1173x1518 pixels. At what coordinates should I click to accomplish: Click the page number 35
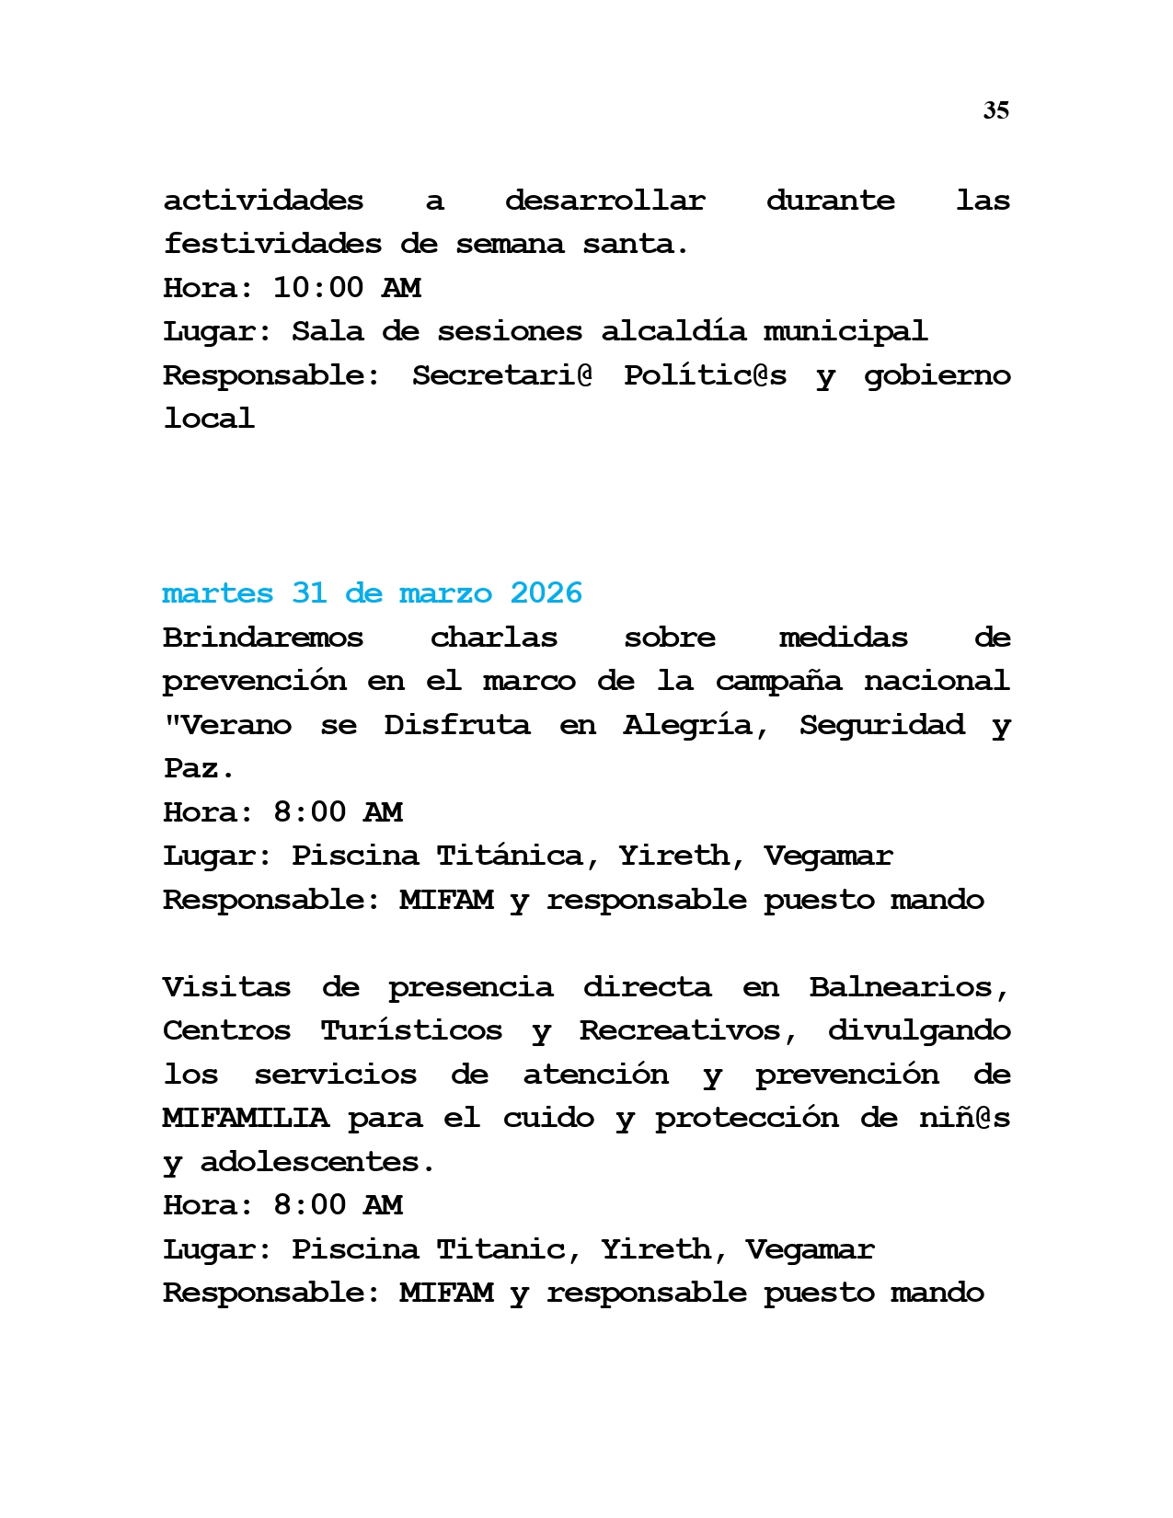995,110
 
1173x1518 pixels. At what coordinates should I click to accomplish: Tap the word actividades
263,201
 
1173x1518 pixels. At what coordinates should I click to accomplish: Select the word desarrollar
604,201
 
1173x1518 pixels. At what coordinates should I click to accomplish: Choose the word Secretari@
501,375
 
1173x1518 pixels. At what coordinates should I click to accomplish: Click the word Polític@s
705,375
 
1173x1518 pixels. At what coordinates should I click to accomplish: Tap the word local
209,419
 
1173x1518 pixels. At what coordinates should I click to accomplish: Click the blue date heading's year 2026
546,593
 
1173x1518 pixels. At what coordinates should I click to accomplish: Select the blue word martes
217,593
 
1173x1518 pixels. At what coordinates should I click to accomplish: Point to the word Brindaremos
263,638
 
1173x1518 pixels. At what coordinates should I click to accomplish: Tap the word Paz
199,768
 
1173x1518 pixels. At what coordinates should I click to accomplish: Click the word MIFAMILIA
245,1118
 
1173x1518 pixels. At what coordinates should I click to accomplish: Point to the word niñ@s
964,1118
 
